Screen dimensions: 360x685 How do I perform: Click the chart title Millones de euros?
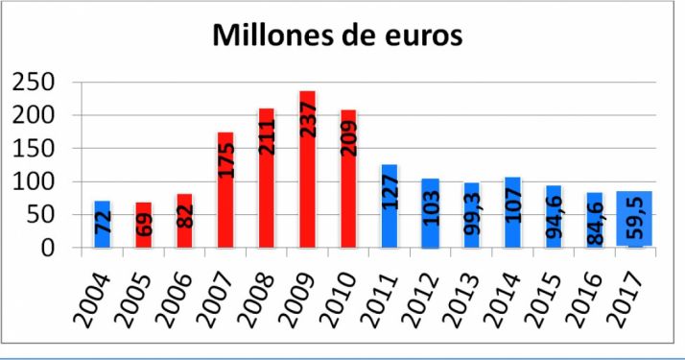(338, 35)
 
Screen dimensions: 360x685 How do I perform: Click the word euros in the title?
(417, 36)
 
